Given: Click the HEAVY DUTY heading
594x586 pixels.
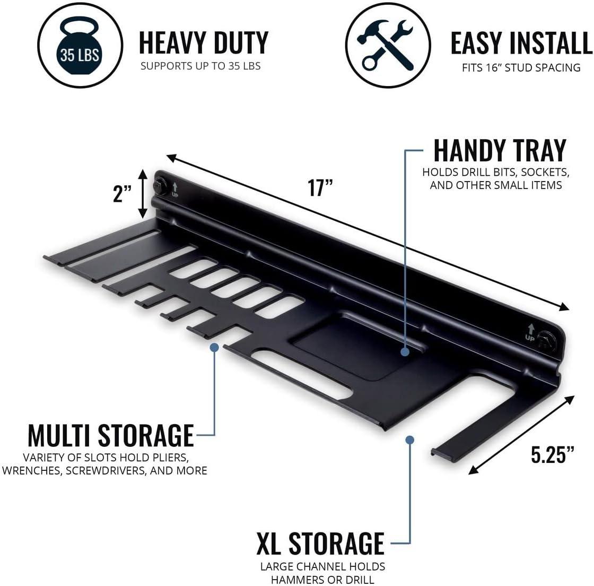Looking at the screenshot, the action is coord(204,43).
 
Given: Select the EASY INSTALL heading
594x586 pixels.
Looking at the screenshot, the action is coord(521,43).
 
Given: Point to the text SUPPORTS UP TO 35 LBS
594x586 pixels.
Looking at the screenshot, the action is coord(200,66).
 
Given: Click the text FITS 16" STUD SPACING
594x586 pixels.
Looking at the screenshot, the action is coord(521,67).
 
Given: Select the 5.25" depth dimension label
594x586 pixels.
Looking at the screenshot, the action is coord(552,454).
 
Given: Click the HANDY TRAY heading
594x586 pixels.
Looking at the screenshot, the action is coord(500,150).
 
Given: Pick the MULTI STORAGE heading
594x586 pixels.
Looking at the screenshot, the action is coord(111,436).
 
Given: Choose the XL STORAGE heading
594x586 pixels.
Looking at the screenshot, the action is coord(320,544).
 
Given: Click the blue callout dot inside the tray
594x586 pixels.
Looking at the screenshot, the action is coord(405,352).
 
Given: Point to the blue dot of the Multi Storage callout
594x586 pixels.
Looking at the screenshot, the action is coord(214,347).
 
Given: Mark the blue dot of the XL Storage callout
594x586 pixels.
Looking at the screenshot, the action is coord(409,439).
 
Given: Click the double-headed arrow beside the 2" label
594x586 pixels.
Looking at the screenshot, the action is coord(143,194).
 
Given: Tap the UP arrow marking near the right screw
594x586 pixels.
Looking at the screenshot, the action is coord(530,332).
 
